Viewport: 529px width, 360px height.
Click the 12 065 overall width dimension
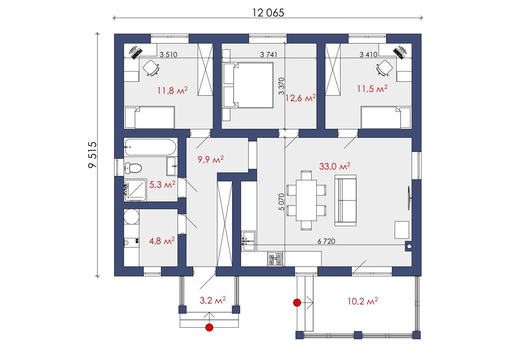(268, 13)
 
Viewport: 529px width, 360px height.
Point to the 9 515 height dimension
(92, 155)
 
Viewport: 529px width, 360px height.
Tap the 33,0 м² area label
(335, 166)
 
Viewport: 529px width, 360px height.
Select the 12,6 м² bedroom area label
(300, 97)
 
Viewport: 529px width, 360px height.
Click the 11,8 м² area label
(173, 90)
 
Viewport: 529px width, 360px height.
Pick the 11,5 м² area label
(372, 89)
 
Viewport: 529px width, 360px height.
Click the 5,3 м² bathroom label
(162, 184)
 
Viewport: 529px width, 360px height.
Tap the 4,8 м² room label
(162, 241)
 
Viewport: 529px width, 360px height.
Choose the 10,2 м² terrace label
(363, 301)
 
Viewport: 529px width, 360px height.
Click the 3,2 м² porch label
(213, 300)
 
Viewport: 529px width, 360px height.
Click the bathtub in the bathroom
(150, 147)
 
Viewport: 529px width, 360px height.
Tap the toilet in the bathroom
(133, 168)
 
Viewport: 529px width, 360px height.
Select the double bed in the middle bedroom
(248, 85)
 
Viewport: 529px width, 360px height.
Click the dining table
(306, 200)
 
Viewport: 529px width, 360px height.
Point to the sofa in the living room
(345, 200)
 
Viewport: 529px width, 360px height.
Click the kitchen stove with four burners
(275, 259)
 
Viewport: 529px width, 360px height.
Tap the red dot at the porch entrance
(209, 327)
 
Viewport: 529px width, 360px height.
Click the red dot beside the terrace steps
(297, 302)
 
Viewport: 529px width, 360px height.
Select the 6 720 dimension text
(327, 241)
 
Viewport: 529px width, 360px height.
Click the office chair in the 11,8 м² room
(151, 68)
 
